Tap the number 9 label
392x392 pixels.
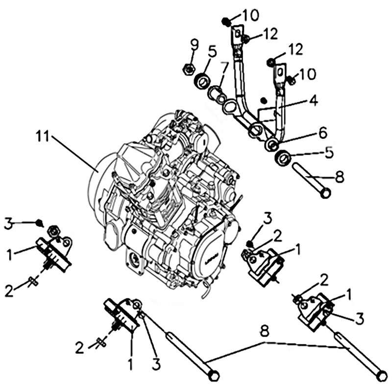pyautogui.click(x=195, y=46)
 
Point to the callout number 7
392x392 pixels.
pyautogui.click(x=224, y=67)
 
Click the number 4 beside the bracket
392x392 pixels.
pyautogui.click(x=313, y=100)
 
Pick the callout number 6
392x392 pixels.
pyautogui.click(x=322, y=133)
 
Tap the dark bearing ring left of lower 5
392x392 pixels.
pyautogui.click(x=283, y=158)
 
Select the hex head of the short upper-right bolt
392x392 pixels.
pyautogui.click(x=325, y=193)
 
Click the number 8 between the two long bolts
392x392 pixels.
pyautogui.click(x=265, y=333)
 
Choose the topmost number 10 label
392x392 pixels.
pyautogui.click(x=250, y=16)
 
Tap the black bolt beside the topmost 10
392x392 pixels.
pyautogui.click(x=226, y=22)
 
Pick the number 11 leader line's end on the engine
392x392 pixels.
pyautogui.click(x=98, y=172)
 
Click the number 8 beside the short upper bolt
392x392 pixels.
pyautogui.click(x=339, y=177)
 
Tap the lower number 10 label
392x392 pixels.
pyautogui.click(x=308, y=74)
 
